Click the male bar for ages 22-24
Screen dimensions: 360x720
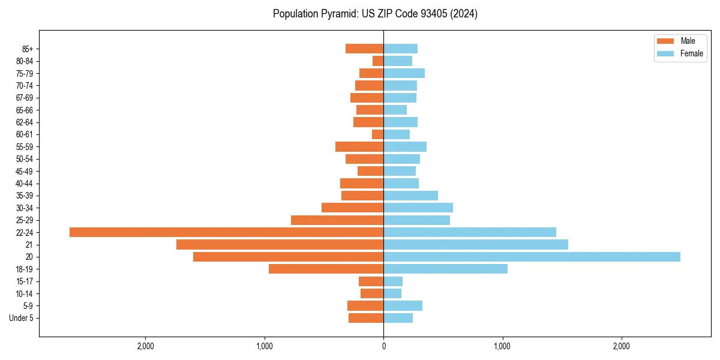pos(226,232)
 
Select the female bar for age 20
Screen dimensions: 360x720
pos(532,257)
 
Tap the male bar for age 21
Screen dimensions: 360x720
pos(280,245)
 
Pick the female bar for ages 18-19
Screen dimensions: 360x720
pos(445,269)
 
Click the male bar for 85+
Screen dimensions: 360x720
pos(364,49)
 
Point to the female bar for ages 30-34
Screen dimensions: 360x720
pos(418,208)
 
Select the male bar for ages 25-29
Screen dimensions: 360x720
pos(337,220)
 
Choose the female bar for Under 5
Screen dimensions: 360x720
pos(398,318)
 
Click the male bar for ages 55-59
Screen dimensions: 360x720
pos(359,146)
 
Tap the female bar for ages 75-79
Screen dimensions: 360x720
pos(404,73)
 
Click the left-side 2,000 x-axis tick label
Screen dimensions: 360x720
pos(146,346)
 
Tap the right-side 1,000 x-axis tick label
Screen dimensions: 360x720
pos(502,346)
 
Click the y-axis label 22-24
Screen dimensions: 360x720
pos(25,233)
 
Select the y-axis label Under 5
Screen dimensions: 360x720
pos(21,318)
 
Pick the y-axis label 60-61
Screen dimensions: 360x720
pos(25,134)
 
